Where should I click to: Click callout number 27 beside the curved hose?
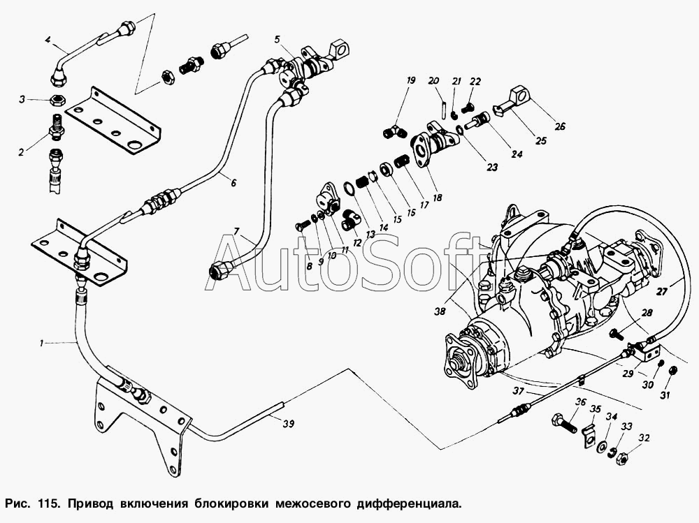663,293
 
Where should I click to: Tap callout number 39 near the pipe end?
288,424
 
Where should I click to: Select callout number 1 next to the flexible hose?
41,343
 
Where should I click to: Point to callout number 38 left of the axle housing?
440,312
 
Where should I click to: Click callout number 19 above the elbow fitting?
410,80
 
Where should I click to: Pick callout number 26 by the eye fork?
560,126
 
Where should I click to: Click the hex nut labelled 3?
57,100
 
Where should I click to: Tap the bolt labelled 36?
564,423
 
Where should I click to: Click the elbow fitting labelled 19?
395,132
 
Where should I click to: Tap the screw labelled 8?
302,225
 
